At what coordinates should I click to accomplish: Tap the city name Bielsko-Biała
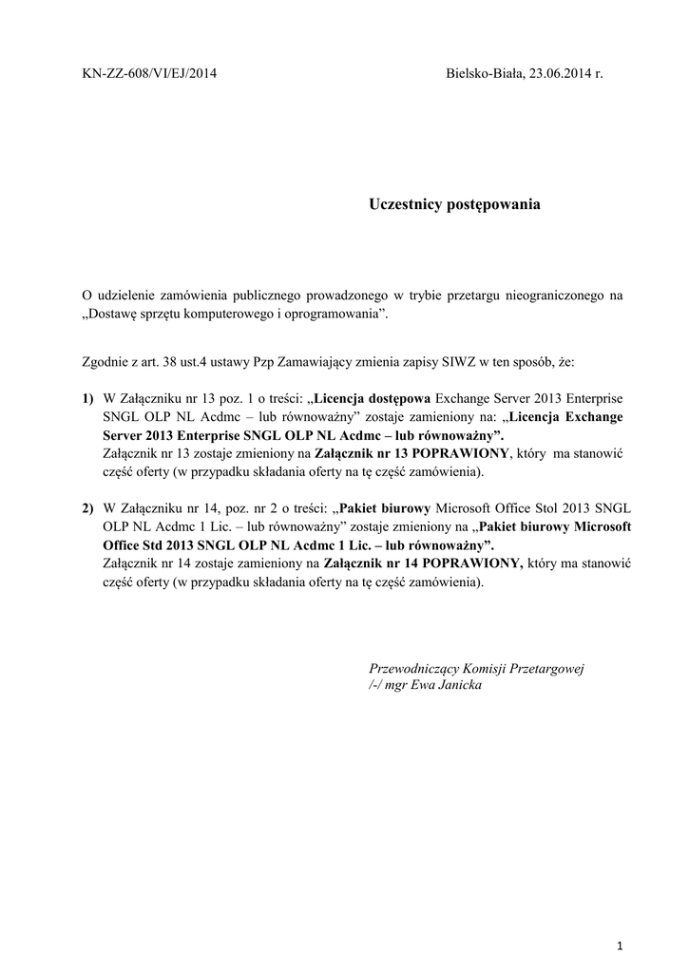click(483, 74)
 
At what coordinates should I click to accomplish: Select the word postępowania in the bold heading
click(494, 204)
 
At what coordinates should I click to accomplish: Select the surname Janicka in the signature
click(456, 685)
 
